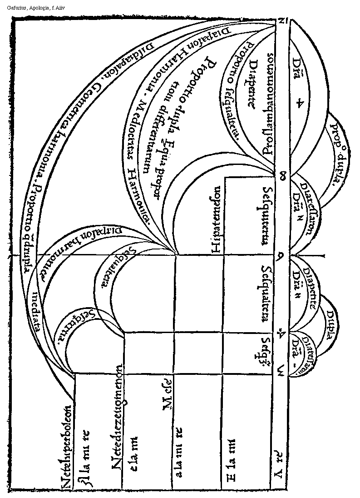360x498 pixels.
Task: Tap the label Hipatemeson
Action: coord(216,220)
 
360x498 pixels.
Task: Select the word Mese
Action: coord(167,401)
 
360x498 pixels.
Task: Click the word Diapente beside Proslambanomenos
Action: coord(255,86)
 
